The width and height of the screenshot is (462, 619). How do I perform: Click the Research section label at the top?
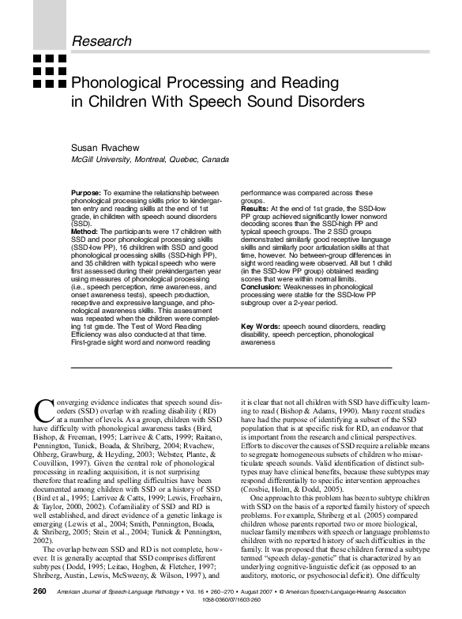[102, 40]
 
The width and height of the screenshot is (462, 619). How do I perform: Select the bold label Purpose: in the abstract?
[85, 193]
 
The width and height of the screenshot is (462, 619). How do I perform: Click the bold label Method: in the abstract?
[85, 231]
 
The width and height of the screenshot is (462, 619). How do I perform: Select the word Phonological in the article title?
[119, 81]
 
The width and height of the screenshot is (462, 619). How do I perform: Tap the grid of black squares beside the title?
[48, 70]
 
